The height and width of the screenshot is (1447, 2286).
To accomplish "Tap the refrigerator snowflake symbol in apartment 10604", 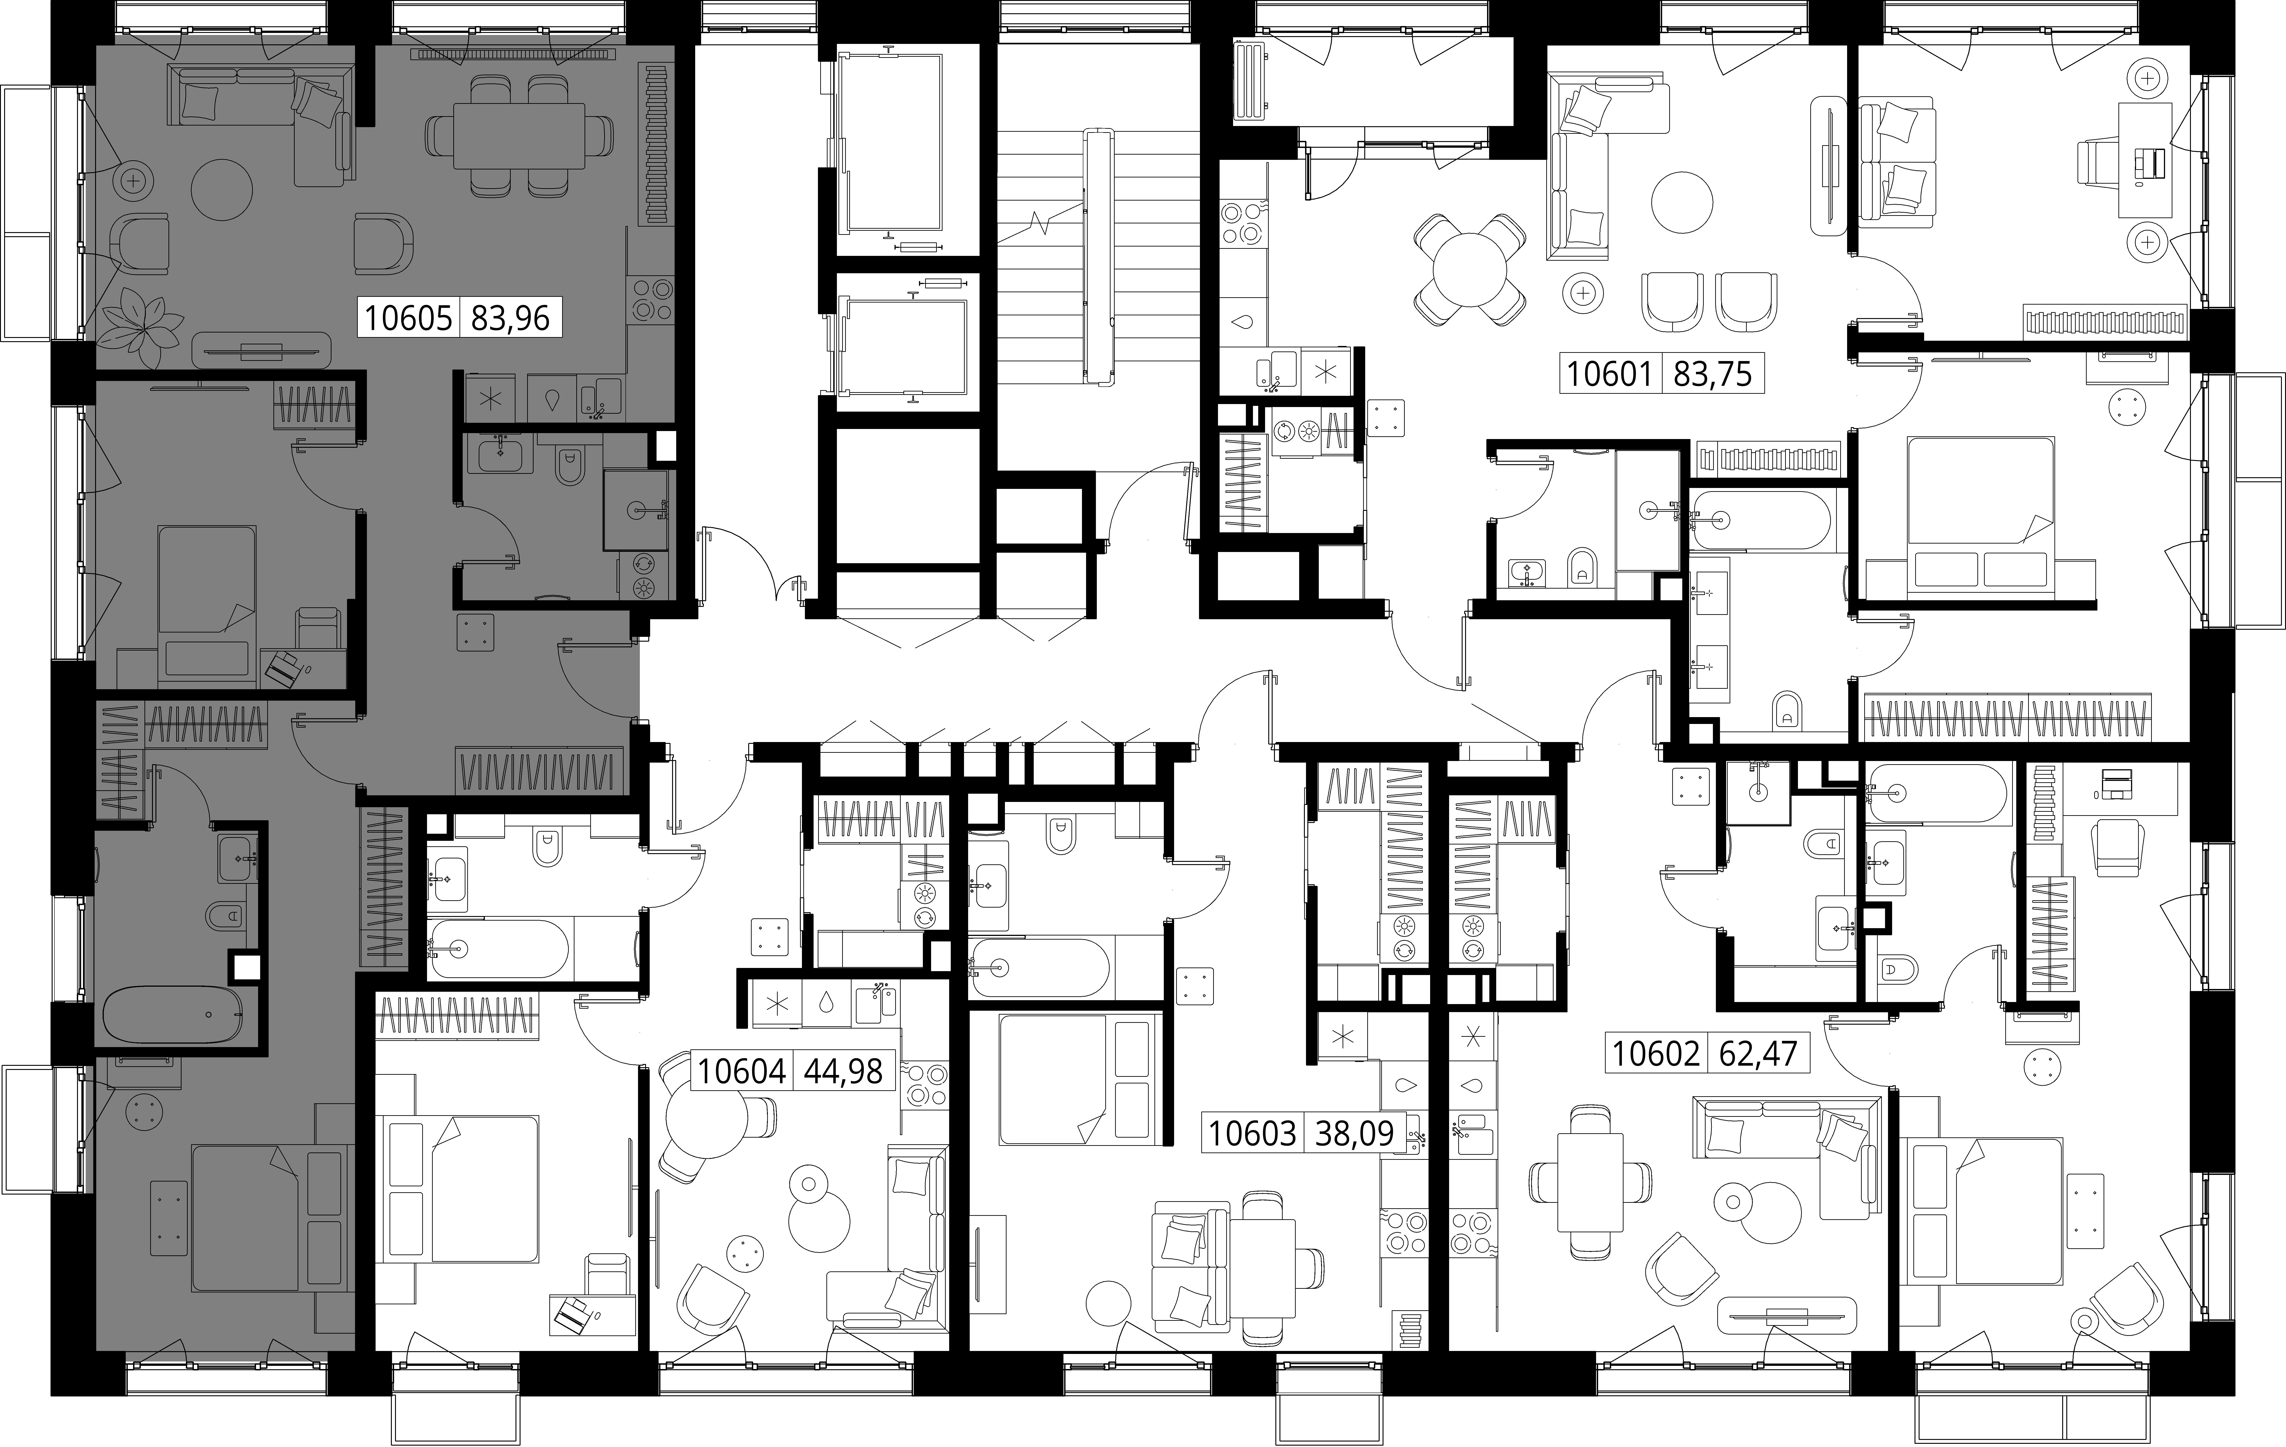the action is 777,1004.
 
